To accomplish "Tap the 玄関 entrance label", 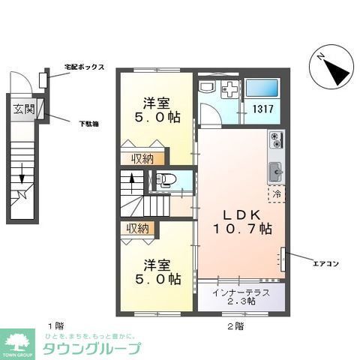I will pyautogui.click(x=23, y=109).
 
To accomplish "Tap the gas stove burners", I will pyautogui.click(x=276, y=140).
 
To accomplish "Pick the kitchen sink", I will pyautogui.click(x=274, y=168).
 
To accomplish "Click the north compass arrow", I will pyautogui.click(x=332, y=66).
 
